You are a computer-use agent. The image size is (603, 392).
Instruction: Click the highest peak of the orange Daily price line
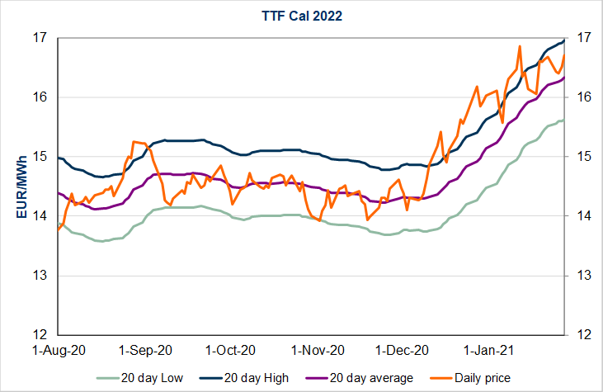[519, 46]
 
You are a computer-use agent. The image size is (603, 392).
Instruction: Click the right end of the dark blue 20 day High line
[563, 40]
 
